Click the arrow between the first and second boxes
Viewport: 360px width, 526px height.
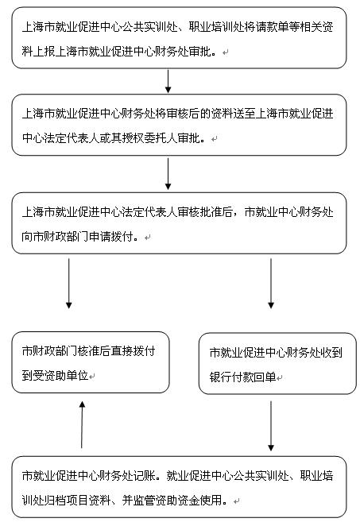coord(168,81)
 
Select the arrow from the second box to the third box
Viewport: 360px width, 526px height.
coord(168,174)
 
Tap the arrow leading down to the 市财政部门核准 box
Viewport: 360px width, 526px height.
coord(69,283)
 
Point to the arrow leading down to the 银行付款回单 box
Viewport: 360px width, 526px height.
coord(271,283)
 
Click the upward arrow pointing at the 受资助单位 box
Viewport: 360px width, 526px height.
coord(82,424)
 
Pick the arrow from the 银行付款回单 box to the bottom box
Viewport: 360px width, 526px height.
coord(271,426)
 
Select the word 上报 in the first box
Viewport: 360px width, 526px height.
coord(44,52)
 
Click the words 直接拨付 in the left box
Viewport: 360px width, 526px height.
coord(134,351)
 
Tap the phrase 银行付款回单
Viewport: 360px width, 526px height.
coord(243,377)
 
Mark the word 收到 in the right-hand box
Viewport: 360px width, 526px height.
coord(331,352)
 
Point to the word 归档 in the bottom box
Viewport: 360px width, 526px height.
coord(55,500)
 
